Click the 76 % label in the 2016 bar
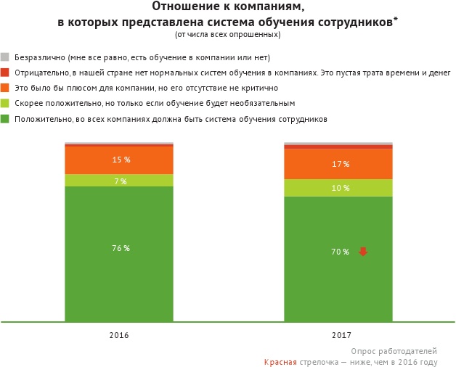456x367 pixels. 121,248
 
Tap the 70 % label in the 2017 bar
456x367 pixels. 340,252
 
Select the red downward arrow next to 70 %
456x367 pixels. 363,252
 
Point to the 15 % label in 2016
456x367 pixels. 121,160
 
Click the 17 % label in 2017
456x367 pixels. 340,164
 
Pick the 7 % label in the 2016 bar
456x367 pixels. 121,181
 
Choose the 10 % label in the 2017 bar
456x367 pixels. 340,188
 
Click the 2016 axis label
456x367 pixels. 119,335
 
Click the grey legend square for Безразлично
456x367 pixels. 4,57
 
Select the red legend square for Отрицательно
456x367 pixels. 4,73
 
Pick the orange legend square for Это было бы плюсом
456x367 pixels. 4,88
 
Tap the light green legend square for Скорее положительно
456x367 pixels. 4,103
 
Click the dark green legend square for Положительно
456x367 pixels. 4,118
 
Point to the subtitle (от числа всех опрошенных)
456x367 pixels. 227,35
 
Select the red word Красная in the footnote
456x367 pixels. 280,361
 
